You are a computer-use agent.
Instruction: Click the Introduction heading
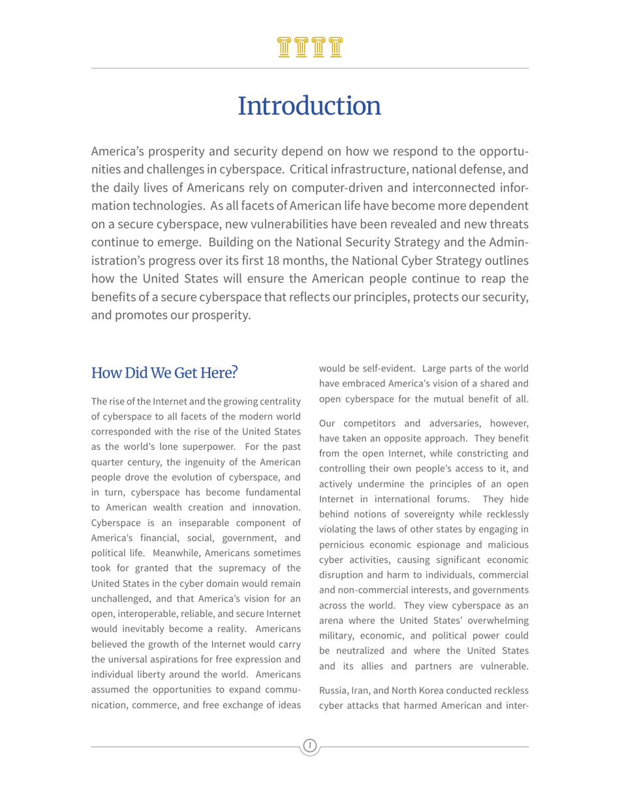(x=309, y=106)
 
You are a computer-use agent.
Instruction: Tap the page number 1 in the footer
(x=310, y=745)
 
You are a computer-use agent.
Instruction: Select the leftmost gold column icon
(x=284, y=46)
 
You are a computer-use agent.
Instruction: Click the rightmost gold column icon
(x=336, y=46)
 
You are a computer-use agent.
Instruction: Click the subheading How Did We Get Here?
(x=164, y=373)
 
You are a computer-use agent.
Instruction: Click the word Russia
(x=334, y=689)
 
